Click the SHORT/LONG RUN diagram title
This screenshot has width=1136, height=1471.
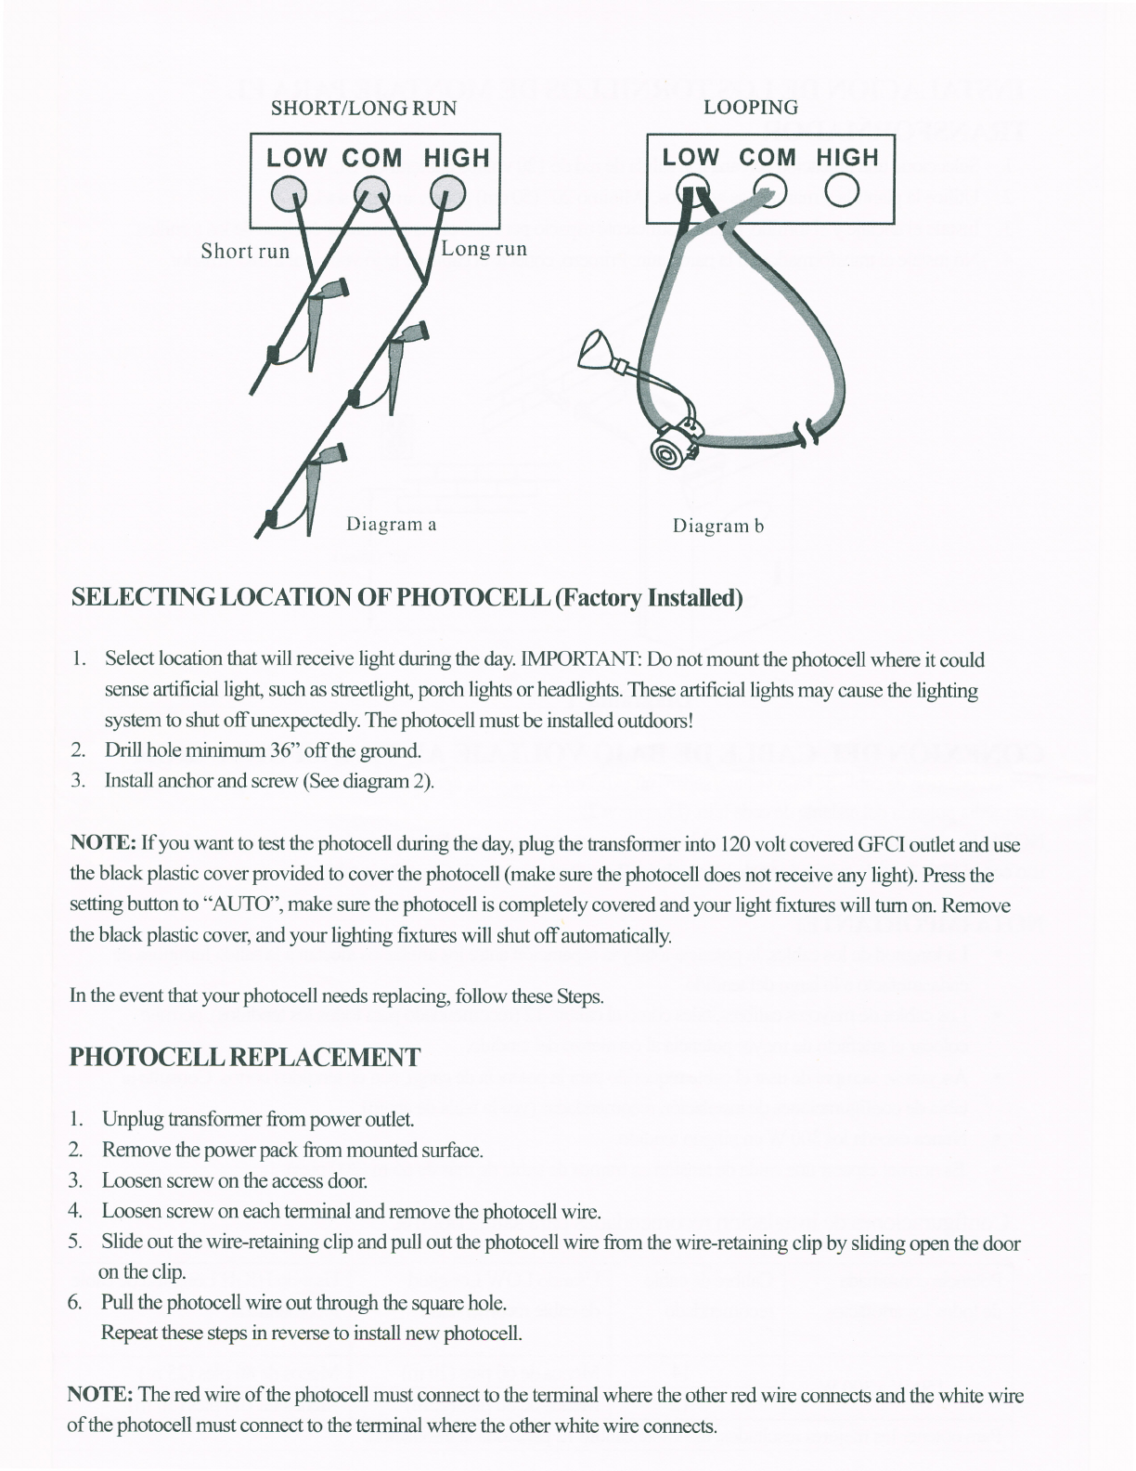click(363, 108)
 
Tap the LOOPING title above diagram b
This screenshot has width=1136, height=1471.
click(750, 107)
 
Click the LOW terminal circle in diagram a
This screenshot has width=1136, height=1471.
click(289, 191)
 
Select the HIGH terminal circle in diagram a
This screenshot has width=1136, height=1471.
click(447, 191)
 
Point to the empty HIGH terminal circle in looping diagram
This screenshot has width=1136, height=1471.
click(844, 190)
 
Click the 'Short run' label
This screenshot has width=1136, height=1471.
click(245, 251)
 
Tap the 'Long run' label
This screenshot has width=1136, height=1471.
click(484, 249)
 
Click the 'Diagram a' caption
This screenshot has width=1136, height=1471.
click(391, 524)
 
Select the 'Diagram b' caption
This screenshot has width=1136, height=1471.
click(717, 527)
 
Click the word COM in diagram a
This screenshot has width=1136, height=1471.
click(371, 158)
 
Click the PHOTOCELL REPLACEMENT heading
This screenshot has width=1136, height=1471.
click(244, 1057)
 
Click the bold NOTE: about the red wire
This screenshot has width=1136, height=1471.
click(101, 1395)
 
